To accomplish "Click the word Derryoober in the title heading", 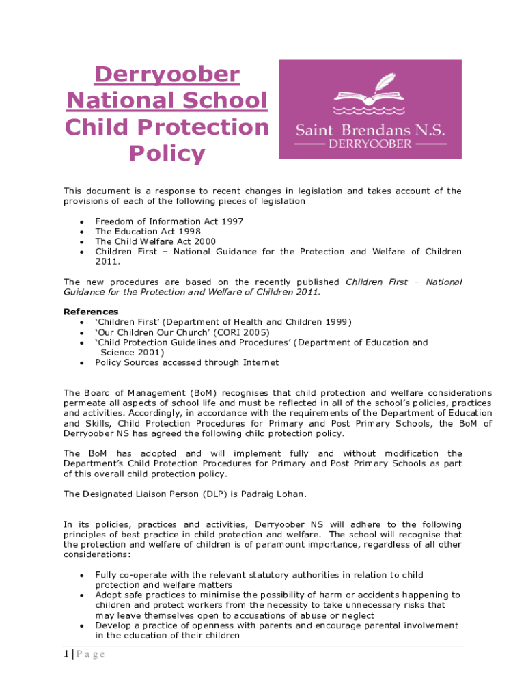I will click(x=167, y=75).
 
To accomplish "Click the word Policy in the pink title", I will click(x=167, y=154).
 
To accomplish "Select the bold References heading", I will click(x=91, y=312).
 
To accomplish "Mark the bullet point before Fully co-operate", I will click(x=82, y=576).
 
